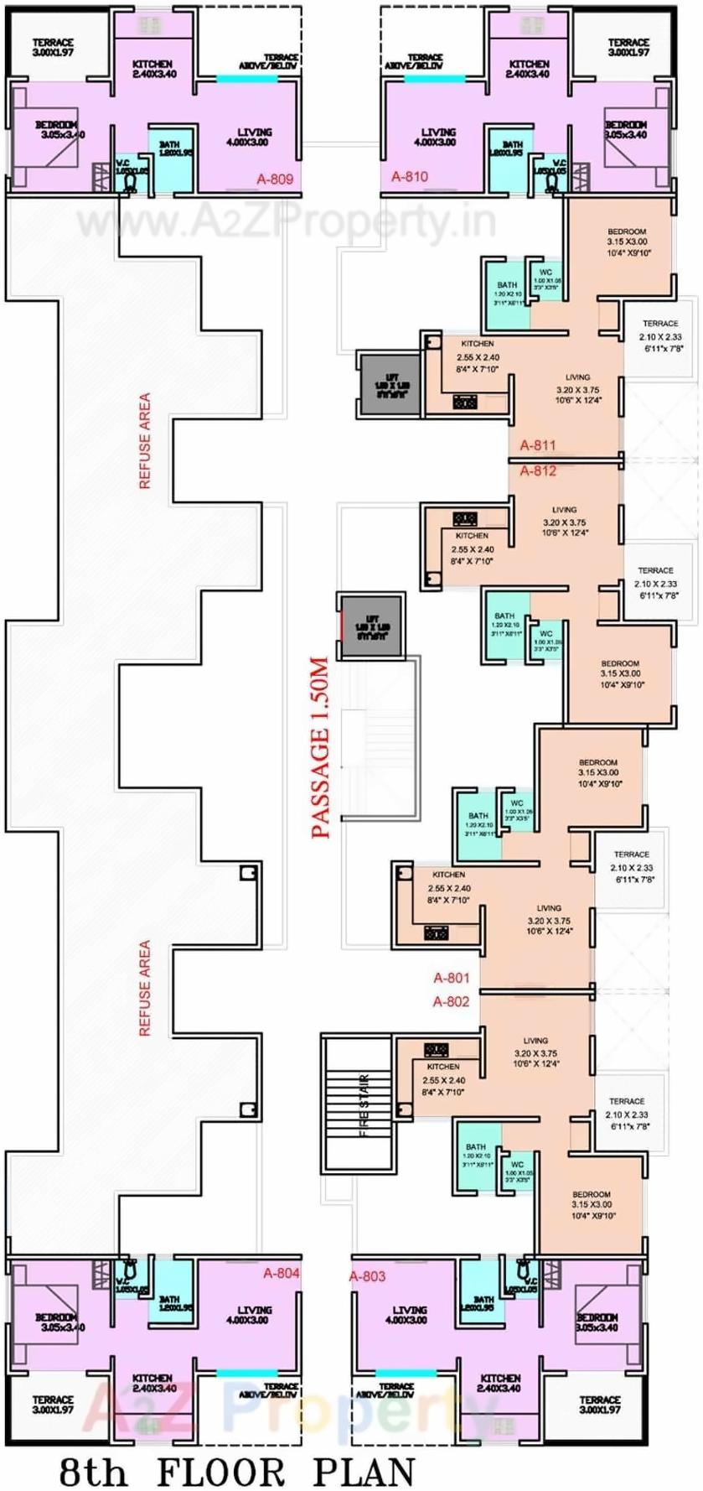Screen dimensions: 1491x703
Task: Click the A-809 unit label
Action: tap(275, 179)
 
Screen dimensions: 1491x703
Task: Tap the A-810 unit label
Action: tap(410, 176)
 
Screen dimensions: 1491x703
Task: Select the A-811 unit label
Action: tap(537, 445)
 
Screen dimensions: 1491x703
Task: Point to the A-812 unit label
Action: tap(538, 470)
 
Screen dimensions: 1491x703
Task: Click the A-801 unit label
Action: tap(451, 978)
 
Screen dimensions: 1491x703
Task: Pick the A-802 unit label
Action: tap(451, 1001)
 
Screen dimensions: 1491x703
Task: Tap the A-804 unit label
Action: tap(281, 1273)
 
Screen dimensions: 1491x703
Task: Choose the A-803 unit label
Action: tap(367, 1276)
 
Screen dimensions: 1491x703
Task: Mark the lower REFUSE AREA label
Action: tap(145, 987)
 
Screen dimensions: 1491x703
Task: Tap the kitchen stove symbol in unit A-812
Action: tap(465, 519)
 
